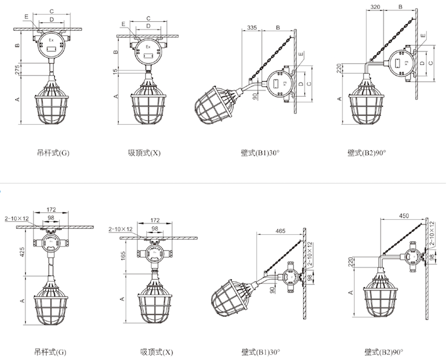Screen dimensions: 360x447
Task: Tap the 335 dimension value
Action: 251,27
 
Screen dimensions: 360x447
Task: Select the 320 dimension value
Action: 375,8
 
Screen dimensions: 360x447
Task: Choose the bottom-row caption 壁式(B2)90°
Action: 384,352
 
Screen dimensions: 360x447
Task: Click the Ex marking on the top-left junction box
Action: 51,40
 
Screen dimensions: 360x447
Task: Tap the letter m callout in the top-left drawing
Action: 26,18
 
